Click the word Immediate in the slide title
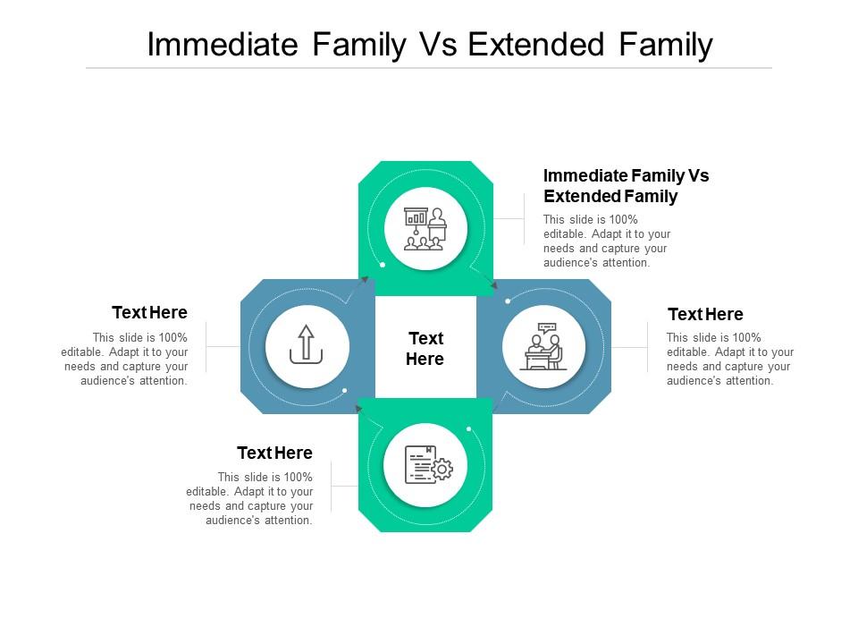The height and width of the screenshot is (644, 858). pos(222,45)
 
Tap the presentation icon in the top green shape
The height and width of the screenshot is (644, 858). pos(425,229)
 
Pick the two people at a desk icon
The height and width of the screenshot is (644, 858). pos(543,346)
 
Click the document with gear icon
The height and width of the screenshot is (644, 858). pos(425,465)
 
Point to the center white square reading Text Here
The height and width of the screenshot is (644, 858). pos(425,348)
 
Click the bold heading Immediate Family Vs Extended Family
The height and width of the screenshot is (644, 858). pos(626,186)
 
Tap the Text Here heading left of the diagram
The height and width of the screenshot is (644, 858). pos(149,312)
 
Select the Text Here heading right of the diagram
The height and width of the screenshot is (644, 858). pos(705,314)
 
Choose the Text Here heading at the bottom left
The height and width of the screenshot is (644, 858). pos(274,453)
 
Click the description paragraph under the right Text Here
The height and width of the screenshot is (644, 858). pos(729,359)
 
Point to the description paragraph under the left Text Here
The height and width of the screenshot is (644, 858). pos(126,359)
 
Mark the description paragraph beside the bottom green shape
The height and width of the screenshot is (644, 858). pos(250,498)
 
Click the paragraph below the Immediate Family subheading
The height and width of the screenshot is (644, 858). pos(605,241)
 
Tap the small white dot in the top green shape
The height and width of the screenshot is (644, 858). pos(383,265)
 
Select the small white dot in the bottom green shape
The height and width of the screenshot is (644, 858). pos(468,429)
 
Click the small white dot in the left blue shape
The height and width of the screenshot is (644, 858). pos(345,390)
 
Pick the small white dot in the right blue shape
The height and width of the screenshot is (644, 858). pos(507,301)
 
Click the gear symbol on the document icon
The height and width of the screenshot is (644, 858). pos(442,469)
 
